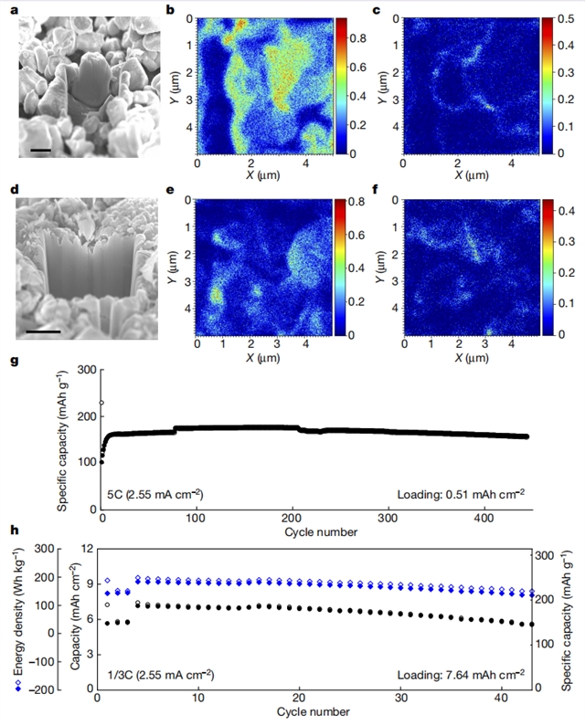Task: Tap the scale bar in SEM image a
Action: point(39,149)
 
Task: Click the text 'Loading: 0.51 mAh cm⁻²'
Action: point(462,494)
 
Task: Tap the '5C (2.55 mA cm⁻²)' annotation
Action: point(153,494)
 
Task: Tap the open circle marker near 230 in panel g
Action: point(101,403)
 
